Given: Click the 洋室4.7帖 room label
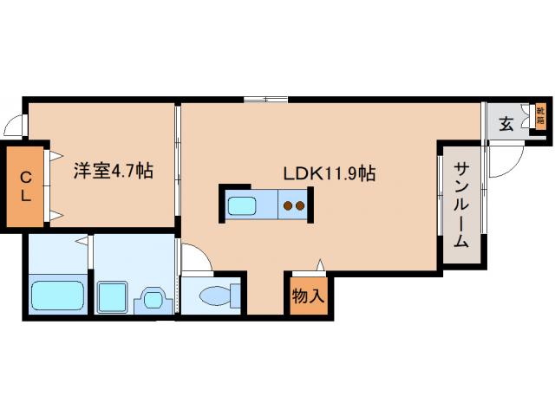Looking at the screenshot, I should coord(113,171).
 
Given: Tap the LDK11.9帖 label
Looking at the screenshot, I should coord(329,173).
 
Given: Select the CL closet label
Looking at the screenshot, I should coord(26,187).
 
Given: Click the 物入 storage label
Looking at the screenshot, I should coord(308,296).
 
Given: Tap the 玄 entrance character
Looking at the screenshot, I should coord(506,122).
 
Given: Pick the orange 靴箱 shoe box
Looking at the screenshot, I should coord(540,115).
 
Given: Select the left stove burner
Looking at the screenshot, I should coord(289,206).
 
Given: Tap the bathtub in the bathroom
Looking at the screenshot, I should coord(59,296).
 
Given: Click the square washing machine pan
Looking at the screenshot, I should coord(113,297).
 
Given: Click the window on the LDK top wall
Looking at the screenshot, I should coord(265,100).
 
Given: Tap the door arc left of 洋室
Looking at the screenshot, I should coord(13,127).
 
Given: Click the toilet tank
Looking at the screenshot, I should coord(234,296).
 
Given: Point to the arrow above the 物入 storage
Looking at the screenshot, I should coord(321,264).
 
